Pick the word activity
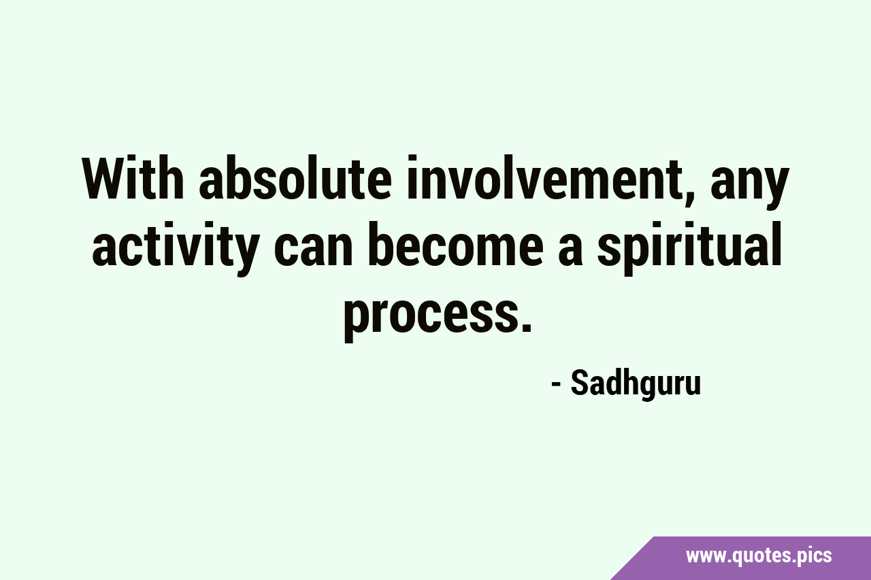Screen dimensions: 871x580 tap(176, 249)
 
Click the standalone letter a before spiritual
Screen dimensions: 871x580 tap(570, 254)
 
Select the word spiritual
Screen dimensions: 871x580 tap(690, 249)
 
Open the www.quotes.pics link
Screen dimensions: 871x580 tap(759, 556)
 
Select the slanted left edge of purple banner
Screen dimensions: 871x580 tap(632, 558)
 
